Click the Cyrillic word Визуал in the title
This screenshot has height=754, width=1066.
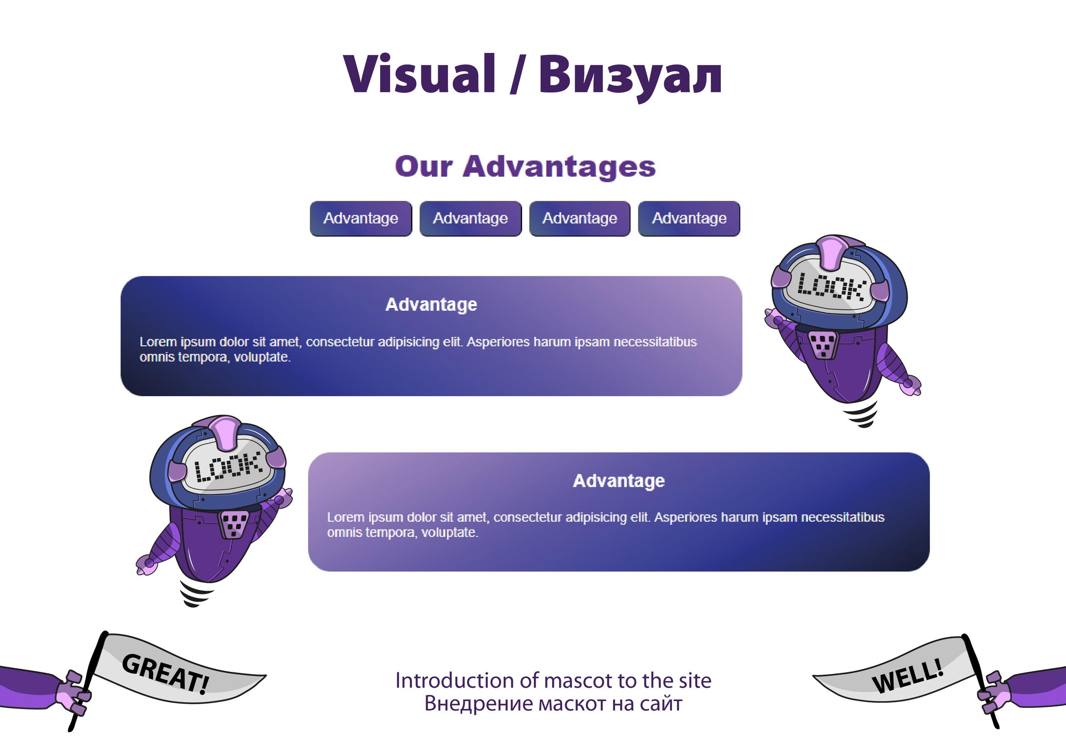pos(630,77)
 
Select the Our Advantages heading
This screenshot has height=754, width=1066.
pos(525,166)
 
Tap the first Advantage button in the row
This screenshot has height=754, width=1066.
pos(361,218)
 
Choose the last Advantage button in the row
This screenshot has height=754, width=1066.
pos(689,218)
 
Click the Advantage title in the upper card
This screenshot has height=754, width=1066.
pos(431,305)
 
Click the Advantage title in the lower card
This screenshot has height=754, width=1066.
pos(619,481)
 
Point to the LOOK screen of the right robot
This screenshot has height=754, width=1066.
pos(831,286)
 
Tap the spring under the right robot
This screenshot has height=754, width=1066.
pos(862,414)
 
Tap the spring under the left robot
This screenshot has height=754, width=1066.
pos(196,594)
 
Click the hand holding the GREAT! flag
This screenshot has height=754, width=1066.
pos(72,692)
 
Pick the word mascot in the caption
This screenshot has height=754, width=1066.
pos(575,681)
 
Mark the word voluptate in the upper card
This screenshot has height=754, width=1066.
pos(263,357)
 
